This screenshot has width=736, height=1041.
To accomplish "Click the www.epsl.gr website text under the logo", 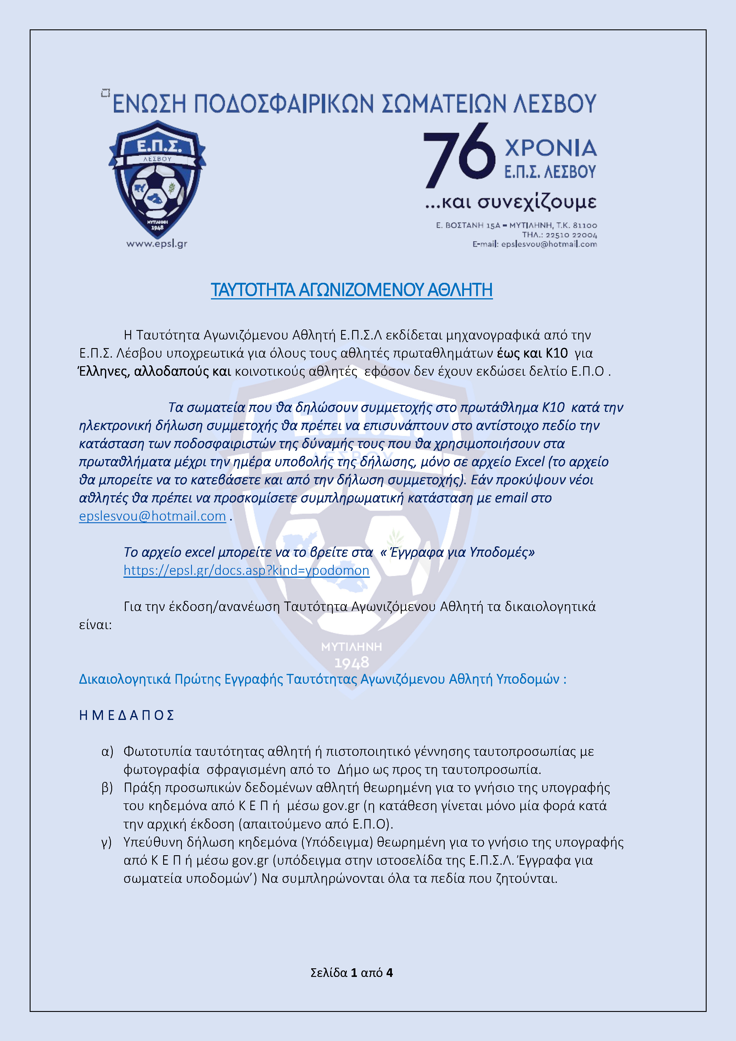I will tap(157, 244).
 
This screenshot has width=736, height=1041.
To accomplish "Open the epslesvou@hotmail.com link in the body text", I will tap(152, 516).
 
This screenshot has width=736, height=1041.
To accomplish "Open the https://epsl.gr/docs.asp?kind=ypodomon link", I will tap(246, 570).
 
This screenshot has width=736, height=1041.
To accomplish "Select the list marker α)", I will tap(107, 752).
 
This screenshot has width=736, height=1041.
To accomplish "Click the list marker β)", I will tap(107, 788).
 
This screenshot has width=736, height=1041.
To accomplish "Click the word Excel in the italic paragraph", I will tap(529, 461).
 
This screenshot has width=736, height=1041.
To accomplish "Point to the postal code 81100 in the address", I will tap(585, 225).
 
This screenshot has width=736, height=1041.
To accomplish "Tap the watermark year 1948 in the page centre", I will tap(352, 663).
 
